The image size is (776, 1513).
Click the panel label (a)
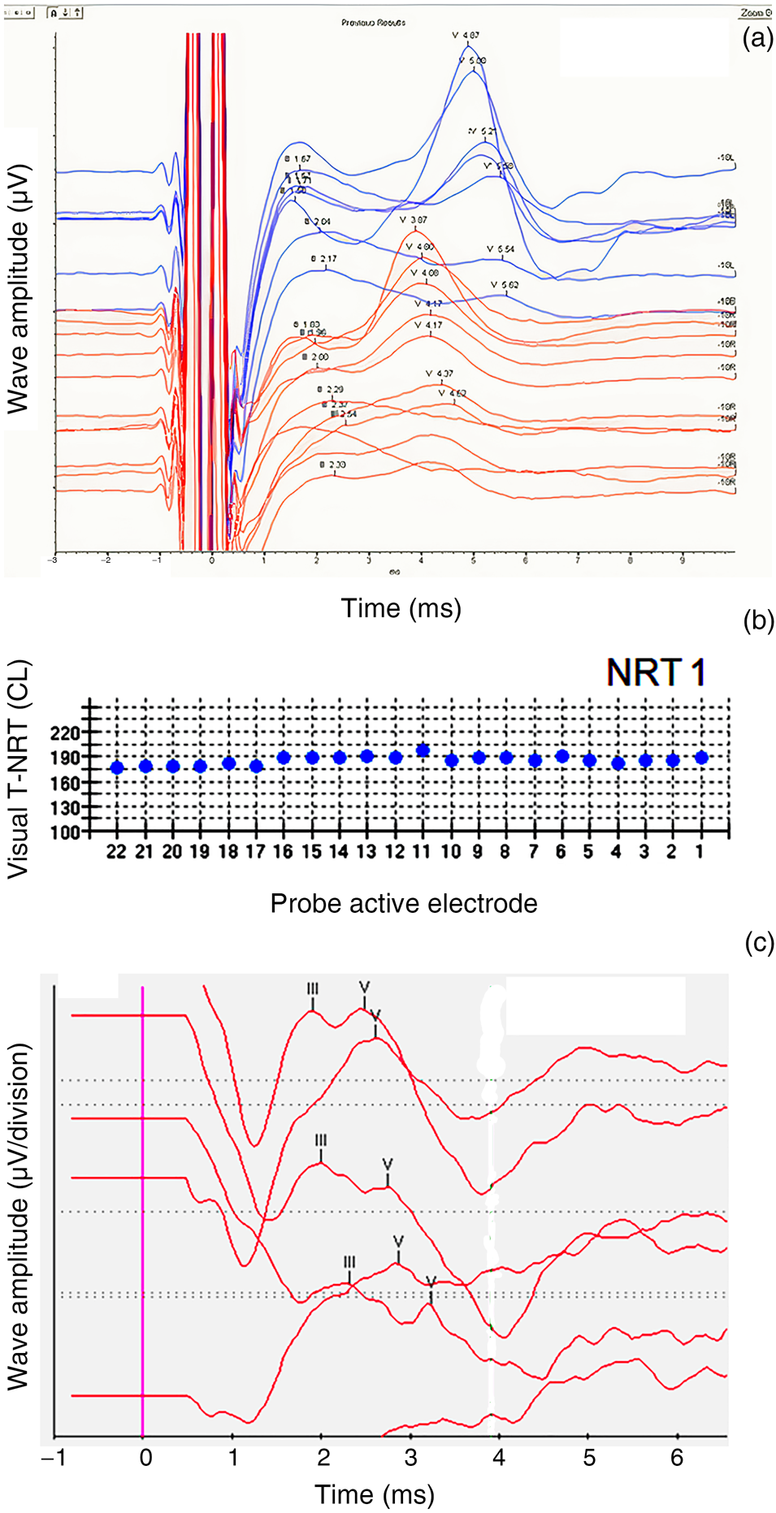[757, 38]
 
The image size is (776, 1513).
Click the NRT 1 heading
[656, 673]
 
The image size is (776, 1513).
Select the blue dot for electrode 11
[423, 750]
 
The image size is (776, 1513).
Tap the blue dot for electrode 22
[117, 767]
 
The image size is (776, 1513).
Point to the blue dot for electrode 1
[702, 758]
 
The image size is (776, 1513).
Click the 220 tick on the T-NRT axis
[65, 733]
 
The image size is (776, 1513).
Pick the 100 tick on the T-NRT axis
[65, 832]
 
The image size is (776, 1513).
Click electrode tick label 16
[283, 852]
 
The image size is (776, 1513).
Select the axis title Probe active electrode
[404, 904]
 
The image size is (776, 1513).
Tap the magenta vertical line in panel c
[143, 1218]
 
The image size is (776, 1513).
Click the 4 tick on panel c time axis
[499, 1458]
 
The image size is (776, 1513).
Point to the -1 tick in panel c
[54, 1458]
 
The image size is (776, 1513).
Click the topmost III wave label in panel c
[313, 989]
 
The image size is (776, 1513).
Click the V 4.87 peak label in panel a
[466, 36]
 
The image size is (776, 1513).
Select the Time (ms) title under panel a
[401, 608]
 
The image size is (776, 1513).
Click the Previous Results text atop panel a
[373, 23]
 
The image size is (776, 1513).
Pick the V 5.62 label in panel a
[505, 286]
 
